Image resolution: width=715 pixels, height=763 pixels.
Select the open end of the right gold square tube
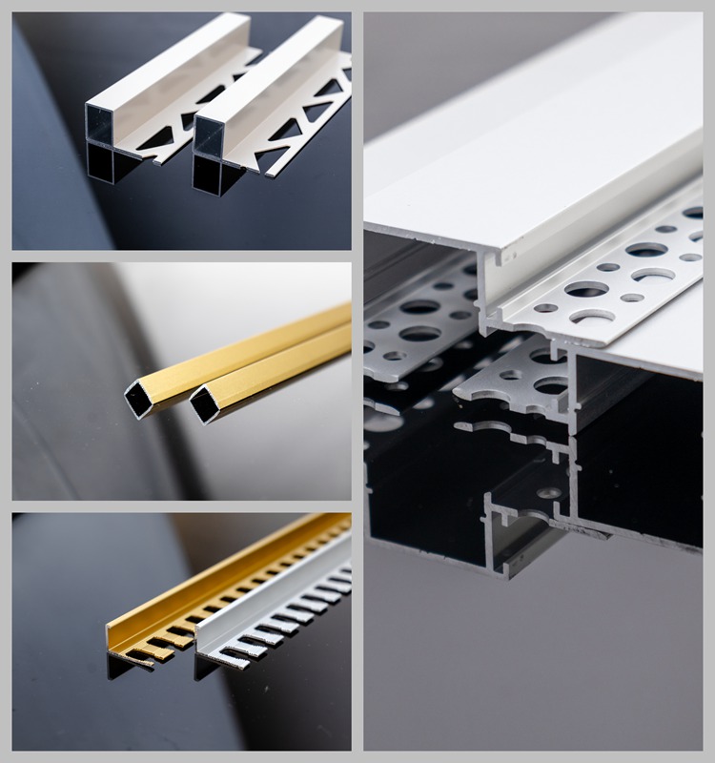[x=203, y=404]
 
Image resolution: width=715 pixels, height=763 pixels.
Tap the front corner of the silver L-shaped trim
[x=200, y=650]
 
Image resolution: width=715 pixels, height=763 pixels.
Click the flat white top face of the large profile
[x=534, y=143]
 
